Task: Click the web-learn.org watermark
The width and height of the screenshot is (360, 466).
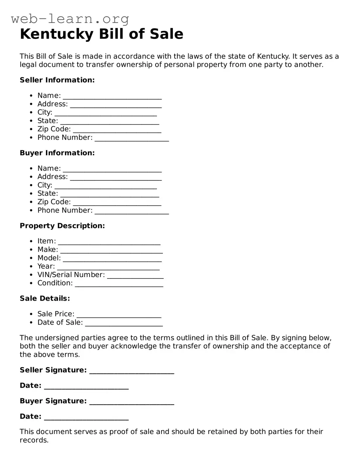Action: tap(70, 18)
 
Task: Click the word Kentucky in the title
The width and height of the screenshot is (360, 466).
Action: tap(57, 34)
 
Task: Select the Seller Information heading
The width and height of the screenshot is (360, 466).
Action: tap(57, 80)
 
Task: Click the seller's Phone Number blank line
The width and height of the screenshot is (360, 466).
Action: tap(132, 139)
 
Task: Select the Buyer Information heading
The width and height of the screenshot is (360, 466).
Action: tap(57, 153)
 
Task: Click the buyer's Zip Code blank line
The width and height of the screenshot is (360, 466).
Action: tap(117, 204)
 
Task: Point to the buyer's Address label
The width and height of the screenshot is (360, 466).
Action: tap(52, 177)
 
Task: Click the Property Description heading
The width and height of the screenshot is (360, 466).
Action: tap(62, 226)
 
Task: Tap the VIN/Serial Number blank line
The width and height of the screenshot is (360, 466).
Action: tap(135, 277)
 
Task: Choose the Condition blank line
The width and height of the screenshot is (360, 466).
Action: tap(119, 285)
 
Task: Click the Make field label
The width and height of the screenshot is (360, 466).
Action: tap(47, 250)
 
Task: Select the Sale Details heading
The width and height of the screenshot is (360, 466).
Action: tap(45, 298)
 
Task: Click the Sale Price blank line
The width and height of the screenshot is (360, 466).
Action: tap(119, 316)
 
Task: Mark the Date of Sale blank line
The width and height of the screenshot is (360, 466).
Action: tap(124, 324)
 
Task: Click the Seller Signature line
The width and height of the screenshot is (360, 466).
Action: tap(132, 372)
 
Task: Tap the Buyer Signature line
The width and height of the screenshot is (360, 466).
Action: tap(132, 403)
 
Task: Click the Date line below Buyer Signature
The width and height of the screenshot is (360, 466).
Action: tap(86, 418)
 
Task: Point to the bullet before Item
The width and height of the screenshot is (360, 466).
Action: tap(31, 241)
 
